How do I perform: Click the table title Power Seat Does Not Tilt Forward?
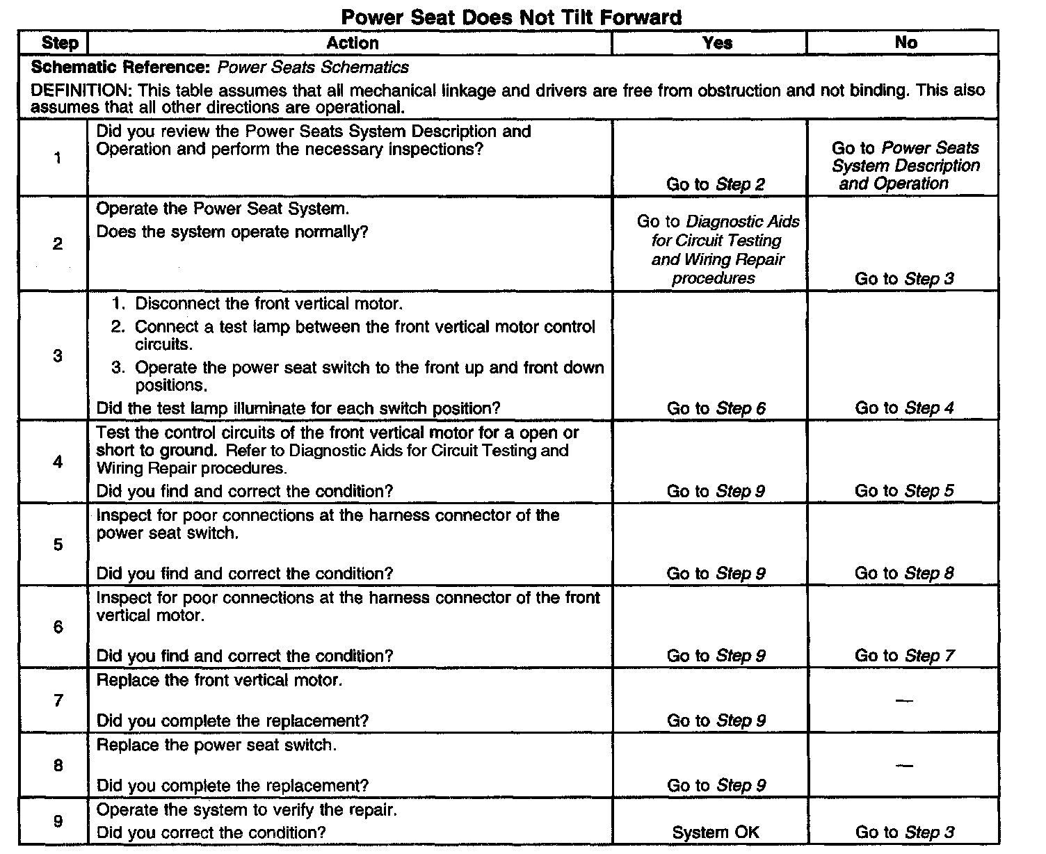click(x=511, y=17)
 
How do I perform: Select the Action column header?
click(x=353, y=43)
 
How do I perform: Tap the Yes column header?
click(x=717, y=43)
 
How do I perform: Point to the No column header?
click(x=906, y=43)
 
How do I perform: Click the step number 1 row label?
click(x=57, y=158)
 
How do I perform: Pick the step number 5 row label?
click(x=58, y=545)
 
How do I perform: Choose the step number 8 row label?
click(x=58, y=766)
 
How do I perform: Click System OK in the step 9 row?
click(x=716, y=832)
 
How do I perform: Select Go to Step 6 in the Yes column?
click(x=716, y=408)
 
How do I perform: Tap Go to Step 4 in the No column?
click(x=904, y=408)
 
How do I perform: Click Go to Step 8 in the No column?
click(x=904, y=574)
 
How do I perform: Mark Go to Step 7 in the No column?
click(x=904, y=656)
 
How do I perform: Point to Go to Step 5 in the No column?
click(x=904, y=491)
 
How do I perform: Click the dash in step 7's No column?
click(x=904, y=700)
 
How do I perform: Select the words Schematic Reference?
click(x=120, y=68)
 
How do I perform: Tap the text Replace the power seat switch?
click(x=216, y=746)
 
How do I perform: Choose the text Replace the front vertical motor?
click(x=219, y=680)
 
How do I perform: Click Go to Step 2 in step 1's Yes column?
click(x=716, y=184)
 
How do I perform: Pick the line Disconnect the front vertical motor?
click(x=268, y=304)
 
